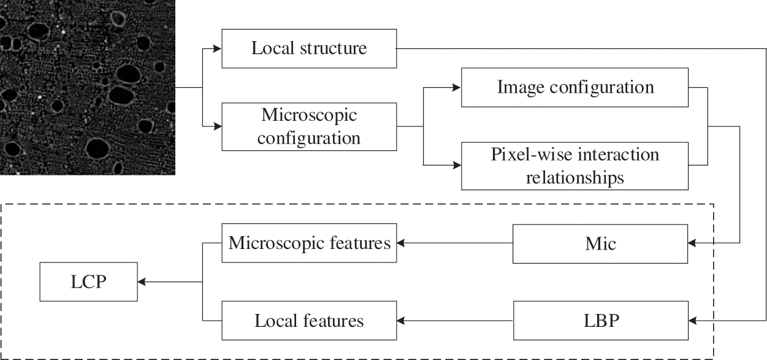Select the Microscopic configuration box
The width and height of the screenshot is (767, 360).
308,126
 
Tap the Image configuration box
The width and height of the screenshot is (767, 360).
575,88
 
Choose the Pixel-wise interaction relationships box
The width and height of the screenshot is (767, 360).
575,166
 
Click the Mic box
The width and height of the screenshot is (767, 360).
600,243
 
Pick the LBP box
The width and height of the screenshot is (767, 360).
600,321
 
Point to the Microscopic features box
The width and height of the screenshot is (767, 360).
309,243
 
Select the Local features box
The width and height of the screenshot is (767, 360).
309,321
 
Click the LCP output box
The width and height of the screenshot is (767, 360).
89,282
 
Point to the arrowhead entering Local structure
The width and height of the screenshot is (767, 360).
217,48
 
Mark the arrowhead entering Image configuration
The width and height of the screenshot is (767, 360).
457,88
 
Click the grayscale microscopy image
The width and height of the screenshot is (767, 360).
87,87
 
